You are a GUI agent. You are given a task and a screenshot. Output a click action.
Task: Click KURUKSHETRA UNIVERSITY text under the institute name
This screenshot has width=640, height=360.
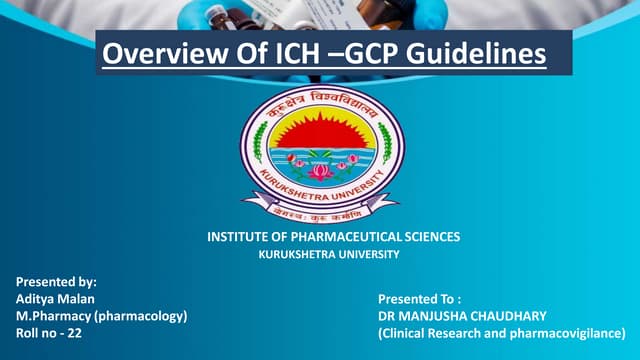coord(329,255)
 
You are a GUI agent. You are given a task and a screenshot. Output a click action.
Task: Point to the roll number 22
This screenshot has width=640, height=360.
coord(74,333)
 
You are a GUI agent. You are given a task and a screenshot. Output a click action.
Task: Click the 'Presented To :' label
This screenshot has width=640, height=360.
coord(419,299)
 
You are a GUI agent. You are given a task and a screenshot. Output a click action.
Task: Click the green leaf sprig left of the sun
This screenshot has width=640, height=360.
coord(262,140)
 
